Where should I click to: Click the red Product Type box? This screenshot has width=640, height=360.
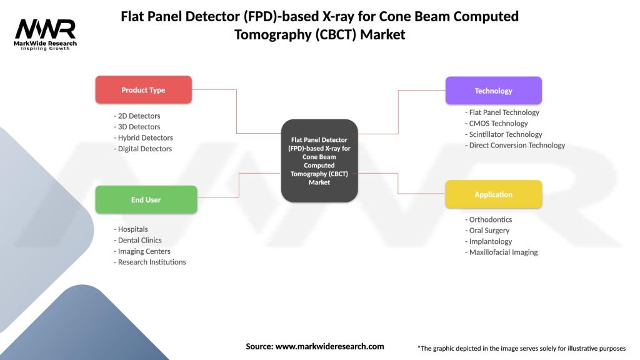pyautogui.click(x=143, y=90)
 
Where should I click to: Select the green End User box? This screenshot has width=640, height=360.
pyautogui.click(x=146, y=200)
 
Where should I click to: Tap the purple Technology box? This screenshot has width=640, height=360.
pyautogui.click(x=493, y=91)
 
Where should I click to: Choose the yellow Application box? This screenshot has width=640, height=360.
pyautogui.click(x=493, y=194)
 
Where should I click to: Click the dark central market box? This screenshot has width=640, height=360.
pyautogui.click(x=319, y=161)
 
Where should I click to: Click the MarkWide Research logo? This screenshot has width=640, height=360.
pyautogui.click(x=46, y=34)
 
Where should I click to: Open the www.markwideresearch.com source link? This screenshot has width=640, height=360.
pyautogui.click(x=329, y=346)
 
